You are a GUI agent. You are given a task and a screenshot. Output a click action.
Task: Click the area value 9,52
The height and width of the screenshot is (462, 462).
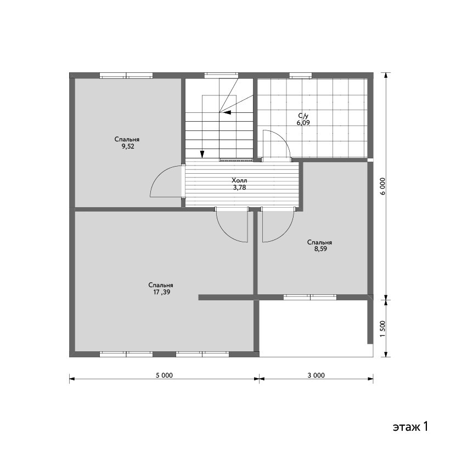coord(128,147)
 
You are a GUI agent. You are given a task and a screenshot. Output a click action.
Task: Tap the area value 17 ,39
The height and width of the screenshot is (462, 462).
coord(161,292)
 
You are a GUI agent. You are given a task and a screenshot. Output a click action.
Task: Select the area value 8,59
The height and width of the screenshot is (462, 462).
coord(320,249)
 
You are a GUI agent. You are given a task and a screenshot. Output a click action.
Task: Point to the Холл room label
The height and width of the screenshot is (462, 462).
coord(239,180)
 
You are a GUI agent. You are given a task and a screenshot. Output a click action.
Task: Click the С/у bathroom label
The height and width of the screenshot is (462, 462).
coord(303,116)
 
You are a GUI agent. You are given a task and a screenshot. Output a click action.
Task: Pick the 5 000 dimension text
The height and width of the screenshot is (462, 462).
coord(164,375)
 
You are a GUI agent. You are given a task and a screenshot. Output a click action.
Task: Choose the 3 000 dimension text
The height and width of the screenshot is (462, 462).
coord(316,375)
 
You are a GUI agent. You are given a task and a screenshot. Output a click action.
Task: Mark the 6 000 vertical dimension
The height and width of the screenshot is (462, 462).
coord(382,186)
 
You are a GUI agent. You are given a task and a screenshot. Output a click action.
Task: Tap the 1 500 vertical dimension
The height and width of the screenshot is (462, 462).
coord(382,329)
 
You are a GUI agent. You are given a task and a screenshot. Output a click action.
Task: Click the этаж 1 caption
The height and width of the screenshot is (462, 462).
coord(410,426)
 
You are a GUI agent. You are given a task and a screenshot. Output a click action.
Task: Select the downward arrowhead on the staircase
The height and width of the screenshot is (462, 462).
coord(202,154)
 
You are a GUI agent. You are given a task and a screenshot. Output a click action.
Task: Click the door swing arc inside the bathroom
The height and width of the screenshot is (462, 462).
coord(283,139)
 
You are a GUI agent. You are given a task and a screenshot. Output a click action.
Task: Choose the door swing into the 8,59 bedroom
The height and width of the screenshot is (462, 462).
coord(286,233)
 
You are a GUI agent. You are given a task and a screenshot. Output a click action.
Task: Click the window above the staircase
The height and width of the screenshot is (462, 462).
coord(221,75)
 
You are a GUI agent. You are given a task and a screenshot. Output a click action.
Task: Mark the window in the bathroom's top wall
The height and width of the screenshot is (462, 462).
coord(300,75)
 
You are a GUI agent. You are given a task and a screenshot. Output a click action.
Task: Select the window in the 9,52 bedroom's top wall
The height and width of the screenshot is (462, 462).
coord(126,75)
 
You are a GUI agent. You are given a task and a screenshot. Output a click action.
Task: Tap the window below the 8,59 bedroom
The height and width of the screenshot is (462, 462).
coord(310,297)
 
